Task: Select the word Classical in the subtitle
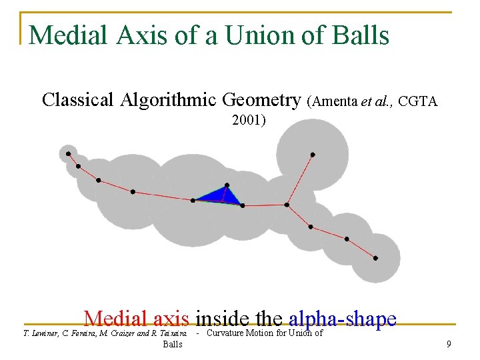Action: click(x=77, y=100)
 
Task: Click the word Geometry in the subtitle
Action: click(x=261, y=100)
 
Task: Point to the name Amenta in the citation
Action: click(x=335, y=101)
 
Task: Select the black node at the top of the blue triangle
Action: click(x=227, y=185)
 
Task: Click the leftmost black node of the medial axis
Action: click(x=68, y=154)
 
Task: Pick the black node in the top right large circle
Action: click(x=313, y=155)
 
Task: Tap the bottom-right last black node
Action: click(x=375, y=258)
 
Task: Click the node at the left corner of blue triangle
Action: click(x=193, y=200)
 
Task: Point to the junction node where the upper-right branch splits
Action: click(x=287, y=205)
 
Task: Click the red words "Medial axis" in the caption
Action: click(x=137, y=319)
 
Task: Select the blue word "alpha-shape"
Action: click(x=343, y=319)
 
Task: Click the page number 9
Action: click(x=449, y=345)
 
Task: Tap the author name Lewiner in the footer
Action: click(x=44, y=333)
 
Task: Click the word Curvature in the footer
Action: click(x=227, y=333)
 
